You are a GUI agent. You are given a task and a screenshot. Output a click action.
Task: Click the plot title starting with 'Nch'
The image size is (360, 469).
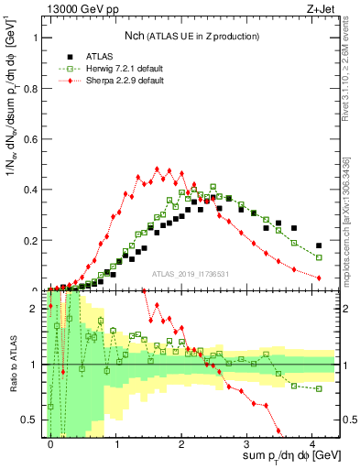point(191,36)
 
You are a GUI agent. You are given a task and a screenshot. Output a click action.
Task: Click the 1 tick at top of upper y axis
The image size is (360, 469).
point(38,38)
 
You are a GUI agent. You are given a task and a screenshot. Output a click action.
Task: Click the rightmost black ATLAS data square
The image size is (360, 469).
point(319,245)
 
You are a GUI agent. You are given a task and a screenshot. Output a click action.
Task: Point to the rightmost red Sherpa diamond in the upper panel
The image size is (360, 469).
point(319,278)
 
